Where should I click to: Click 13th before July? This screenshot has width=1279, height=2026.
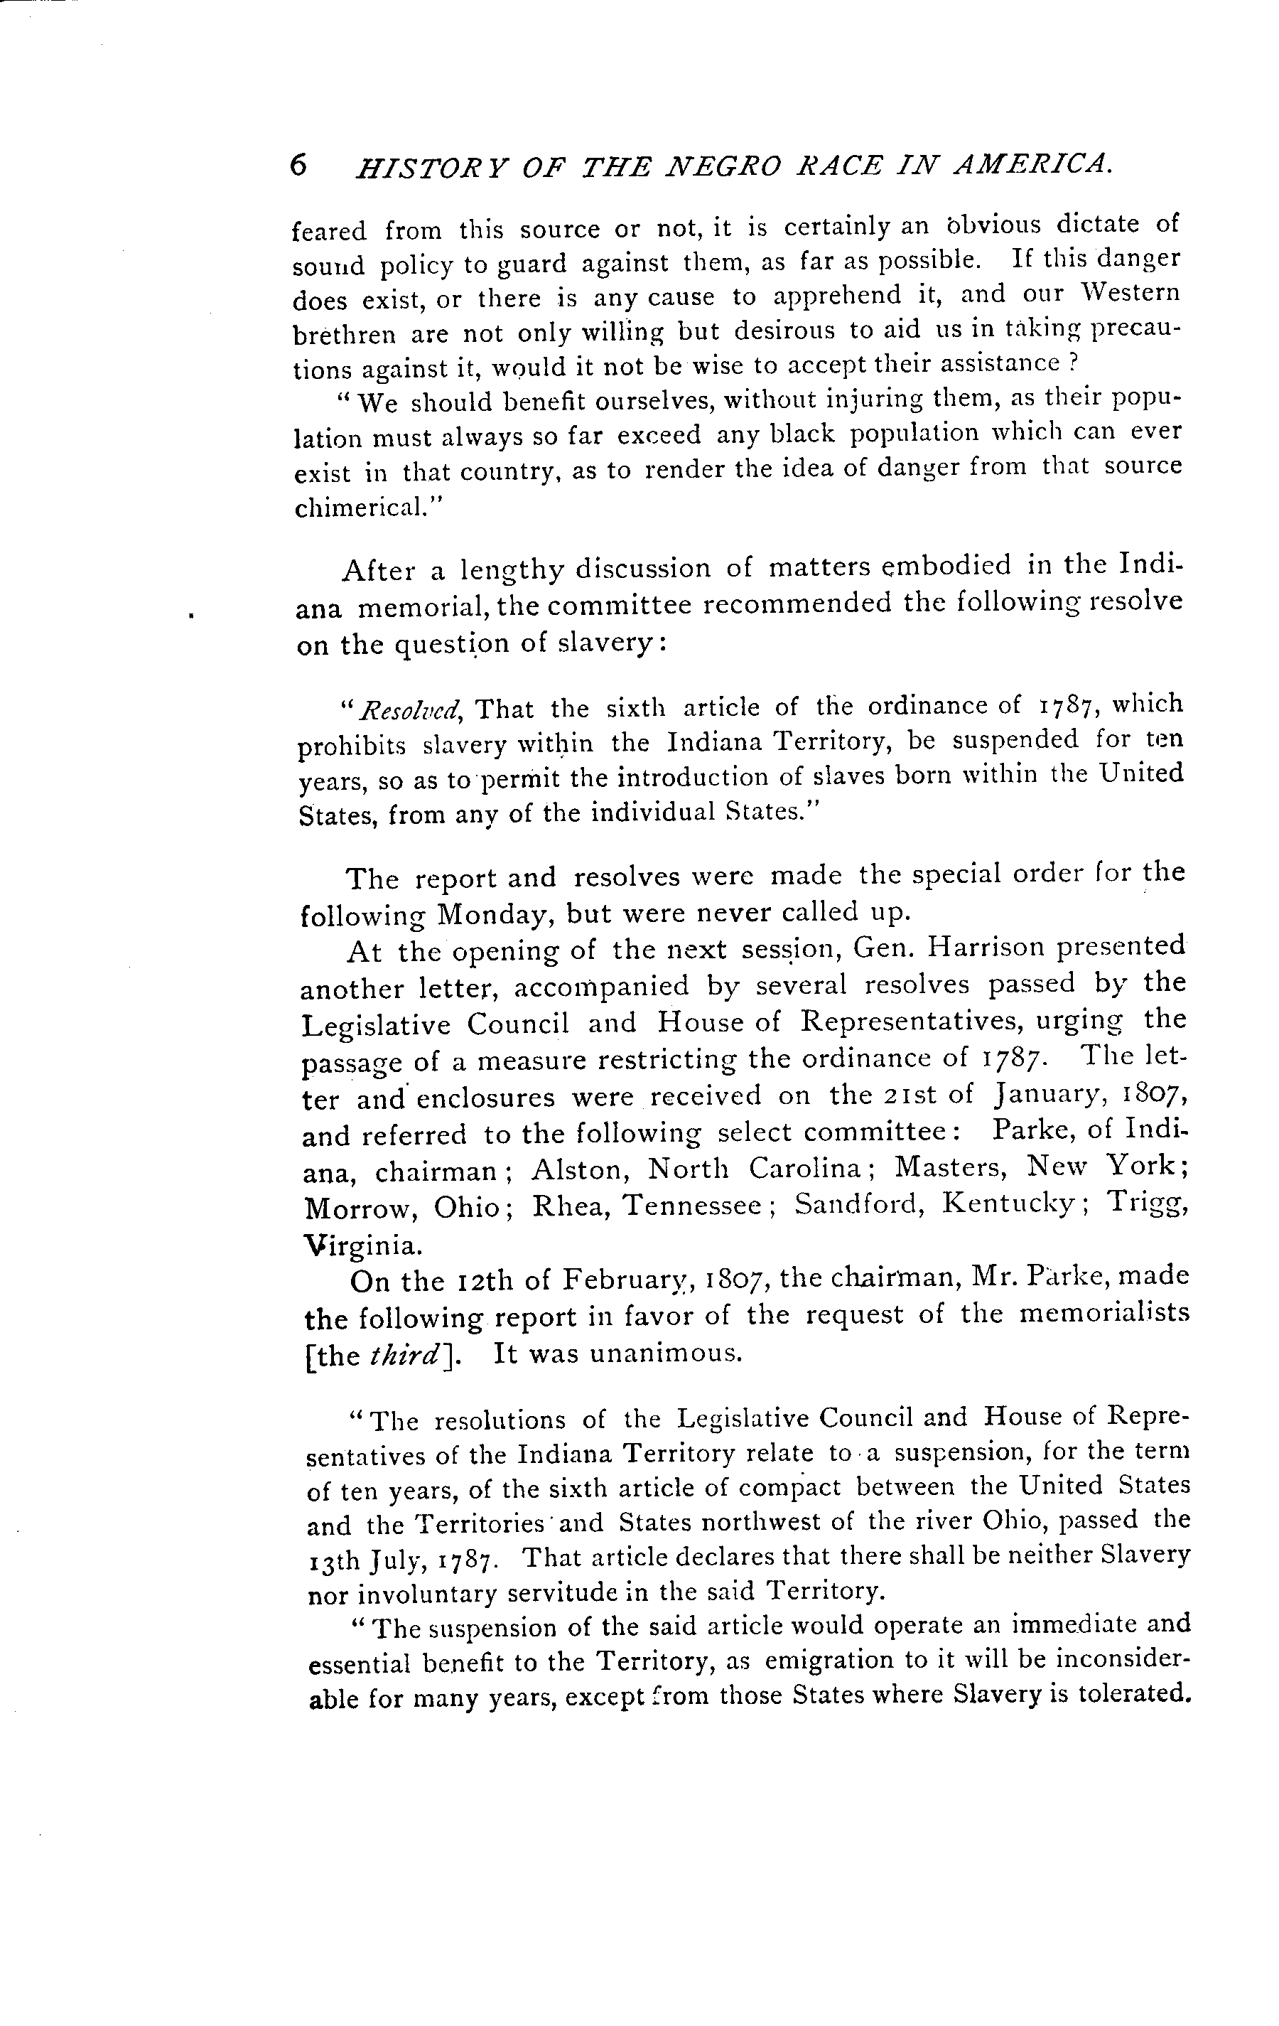pos(335,1560)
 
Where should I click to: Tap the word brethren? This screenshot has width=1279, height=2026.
pos(343,335)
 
